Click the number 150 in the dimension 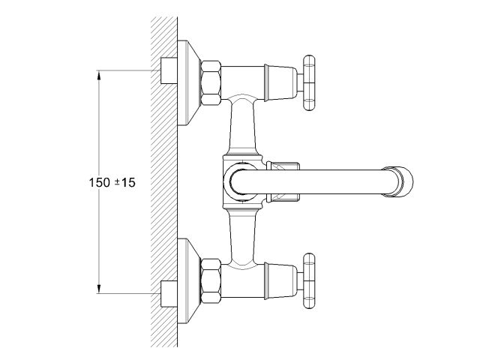point(99,182)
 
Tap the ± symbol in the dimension point(117,182)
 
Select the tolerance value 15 point(128,182)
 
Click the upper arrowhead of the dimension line point(98,76)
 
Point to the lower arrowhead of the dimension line point(98,289)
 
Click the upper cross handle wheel point(308,82)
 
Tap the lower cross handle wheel point(308,280)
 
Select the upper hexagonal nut point(211,83)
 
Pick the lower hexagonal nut point(211,280)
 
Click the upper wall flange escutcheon point(188,83)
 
